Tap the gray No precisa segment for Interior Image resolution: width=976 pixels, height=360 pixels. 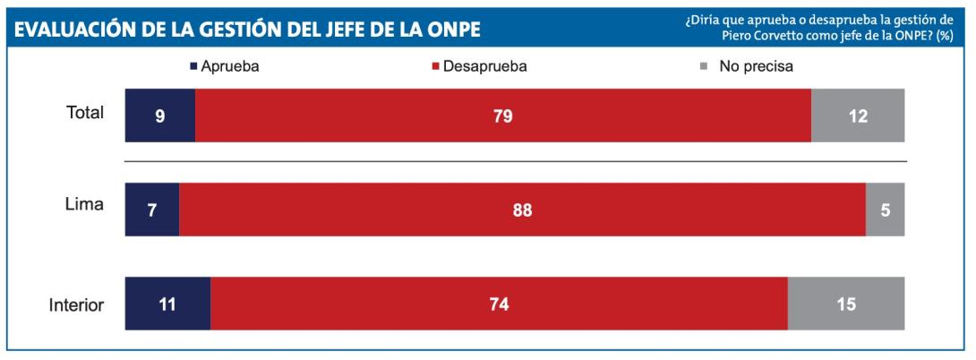pos(846,304)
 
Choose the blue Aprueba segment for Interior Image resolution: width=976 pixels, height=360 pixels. pos(167,304)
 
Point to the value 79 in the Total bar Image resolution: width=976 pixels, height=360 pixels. pos(502,116)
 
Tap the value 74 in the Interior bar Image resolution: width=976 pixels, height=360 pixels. pos(499,304)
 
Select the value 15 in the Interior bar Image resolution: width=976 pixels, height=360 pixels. pos(845,304)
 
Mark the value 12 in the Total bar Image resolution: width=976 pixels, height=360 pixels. pos(858,116)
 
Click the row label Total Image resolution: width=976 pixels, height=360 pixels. pos(85,114)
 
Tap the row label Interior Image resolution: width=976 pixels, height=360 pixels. pos(76,304)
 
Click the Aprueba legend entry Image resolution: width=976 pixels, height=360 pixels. pos(224,65)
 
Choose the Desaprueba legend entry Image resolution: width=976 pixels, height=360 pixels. pos(482,65)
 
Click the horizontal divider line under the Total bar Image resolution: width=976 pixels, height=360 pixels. pos(515,162)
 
